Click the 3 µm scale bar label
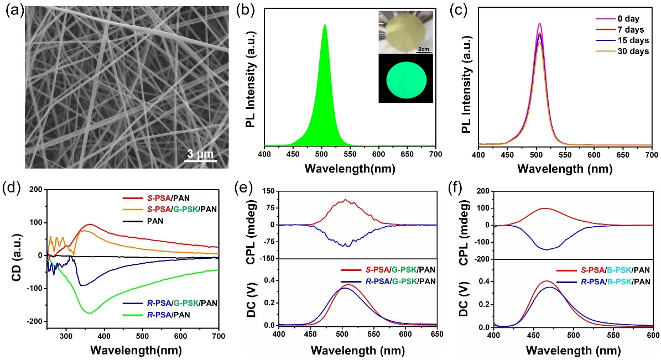point(199,153)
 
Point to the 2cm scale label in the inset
point(424,49)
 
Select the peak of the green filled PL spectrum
point(325,25)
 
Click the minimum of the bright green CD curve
point(89,313)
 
